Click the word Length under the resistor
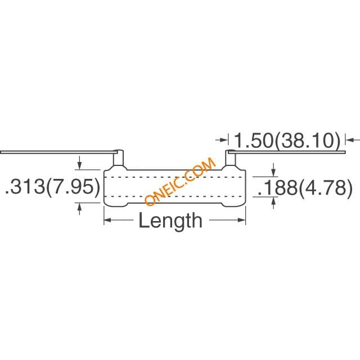170,220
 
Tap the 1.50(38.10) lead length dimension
286,141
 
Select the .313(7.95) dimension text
52,186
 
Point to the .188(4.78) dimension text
305,187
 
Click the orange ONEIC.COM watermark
180,181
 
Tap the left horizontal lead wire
59,152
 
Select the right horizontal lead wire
287,152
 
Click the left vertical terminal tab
119,158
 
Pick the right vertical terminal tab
231,158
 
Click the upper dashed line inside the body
174,177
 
